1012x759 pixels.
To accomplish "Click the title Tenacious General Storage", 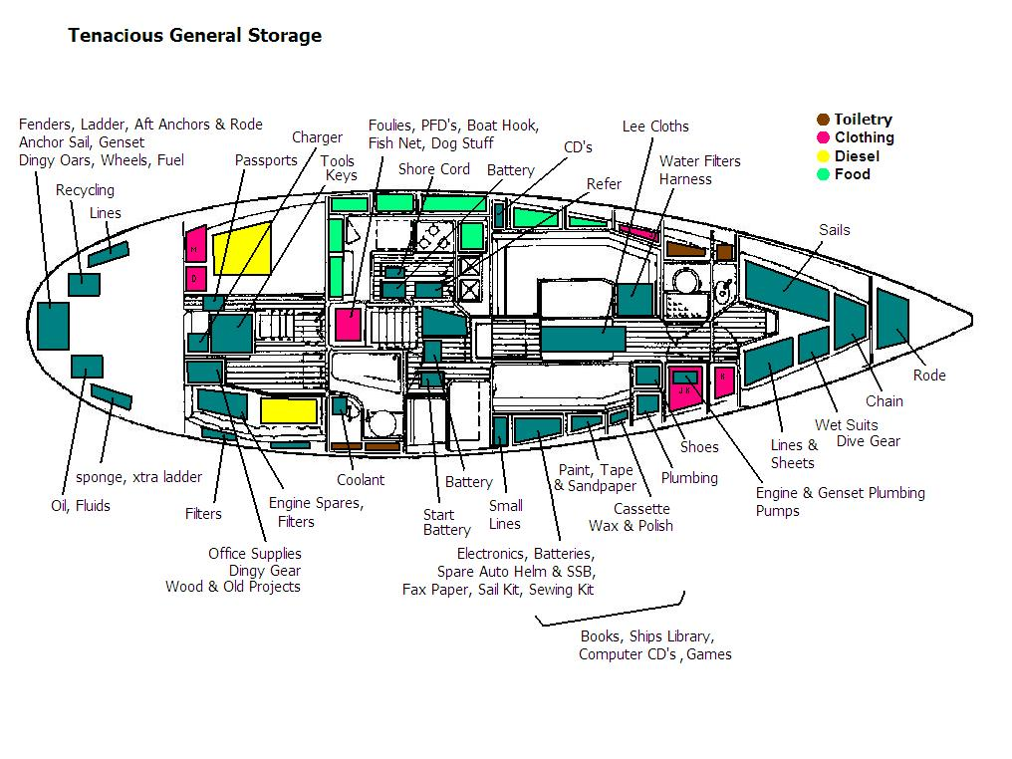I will pyautogui.click(x=194, y=36).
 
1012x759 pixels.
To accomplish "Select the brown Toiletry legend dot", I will pyautogui.click(x=823, y=120).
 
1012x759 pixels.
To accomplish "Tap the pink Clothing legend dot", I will pyautogui.click(x=823, y=137).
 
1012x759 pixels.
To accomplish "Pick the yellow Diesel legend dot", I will pyautogui.click(x=823, y=156).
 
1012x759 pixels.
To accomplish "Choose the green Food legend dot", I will pyautogui.click(x=823, y=174).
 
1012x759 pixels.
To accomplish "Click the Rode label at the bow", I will pyautogui.click(x=929, y=376).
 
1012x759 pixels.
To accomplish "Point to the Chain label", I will pyautogui.click(x=884, y=400).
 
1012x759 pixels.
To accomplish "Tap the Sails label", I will pyautogui.click(x=835, y=230).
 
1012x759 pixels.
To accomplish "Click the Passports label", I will pyautogui.click(x=266, y=159).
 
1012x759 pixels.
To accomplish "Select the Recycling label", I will pyautogui.click(x=85, y=190).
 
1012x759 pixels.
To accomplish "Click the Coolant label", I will pyautogui.click(x=360, y=479).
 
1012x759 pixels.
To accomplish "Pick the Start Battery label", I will pyautogui.click(x=446, y=522).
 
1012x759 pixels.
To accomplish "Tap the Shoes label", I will pyautogui.click(x=699, y=447).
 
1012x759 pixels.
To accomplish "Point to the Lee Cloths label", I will pyautogui.click(x=655, y=126).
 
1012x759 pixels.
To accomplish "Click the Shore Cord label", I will pyautogui.click(x=434, y=169).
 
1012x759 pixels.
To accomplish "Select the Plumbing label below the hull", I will pyautogui.click(x=689, y=477).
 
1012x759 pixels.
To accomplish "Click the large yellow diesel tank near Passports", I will pyautogui.click(x=242, y=249).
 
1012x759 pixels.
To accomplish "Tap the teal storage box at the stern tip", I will pyautogui.click(x=53, y=325).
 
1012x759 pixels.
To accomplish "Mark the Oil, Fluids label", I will pyautogui.click(x=81, y=506).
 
